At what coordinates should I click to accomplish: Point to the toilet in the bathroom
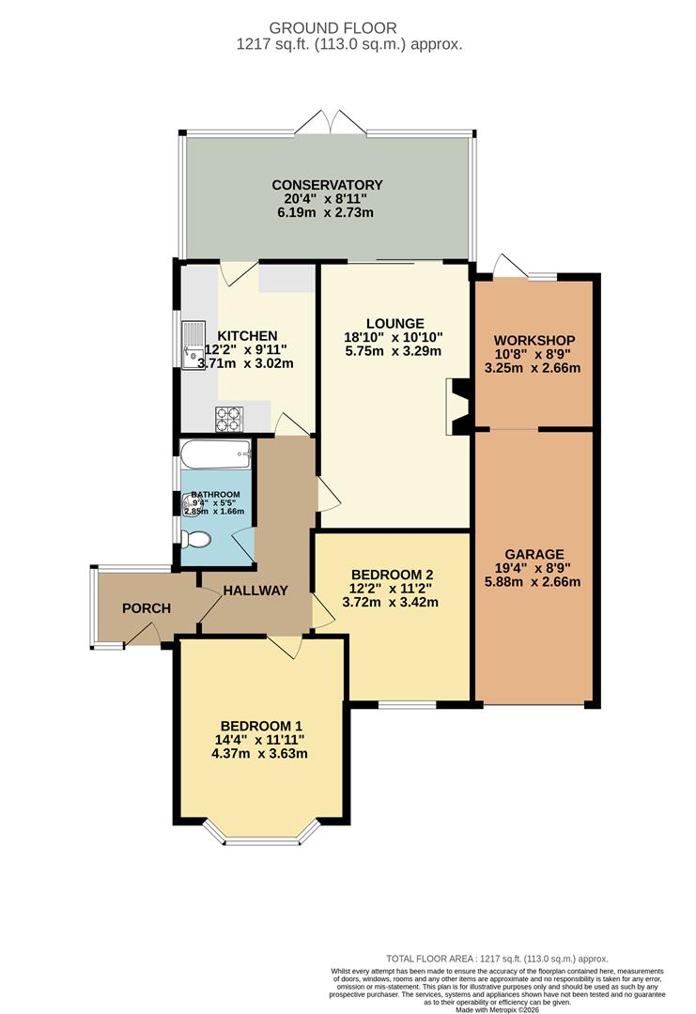pos(196,540)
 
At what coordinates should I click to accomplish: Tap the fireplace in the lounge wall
pos(457,407)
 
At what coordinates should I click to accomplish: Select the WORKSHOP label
pos(534,339)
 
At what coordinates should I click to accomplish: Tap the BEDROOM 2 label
pos(392,575)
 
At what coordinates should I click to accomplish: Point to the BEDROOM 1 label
pos(261,726)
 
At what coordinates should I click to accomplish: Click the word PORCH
pos(147,608)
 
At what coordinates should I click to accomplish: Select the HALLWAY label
pos(255,591)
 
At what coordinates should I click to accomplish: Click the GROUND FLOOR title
pos(347,28)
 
